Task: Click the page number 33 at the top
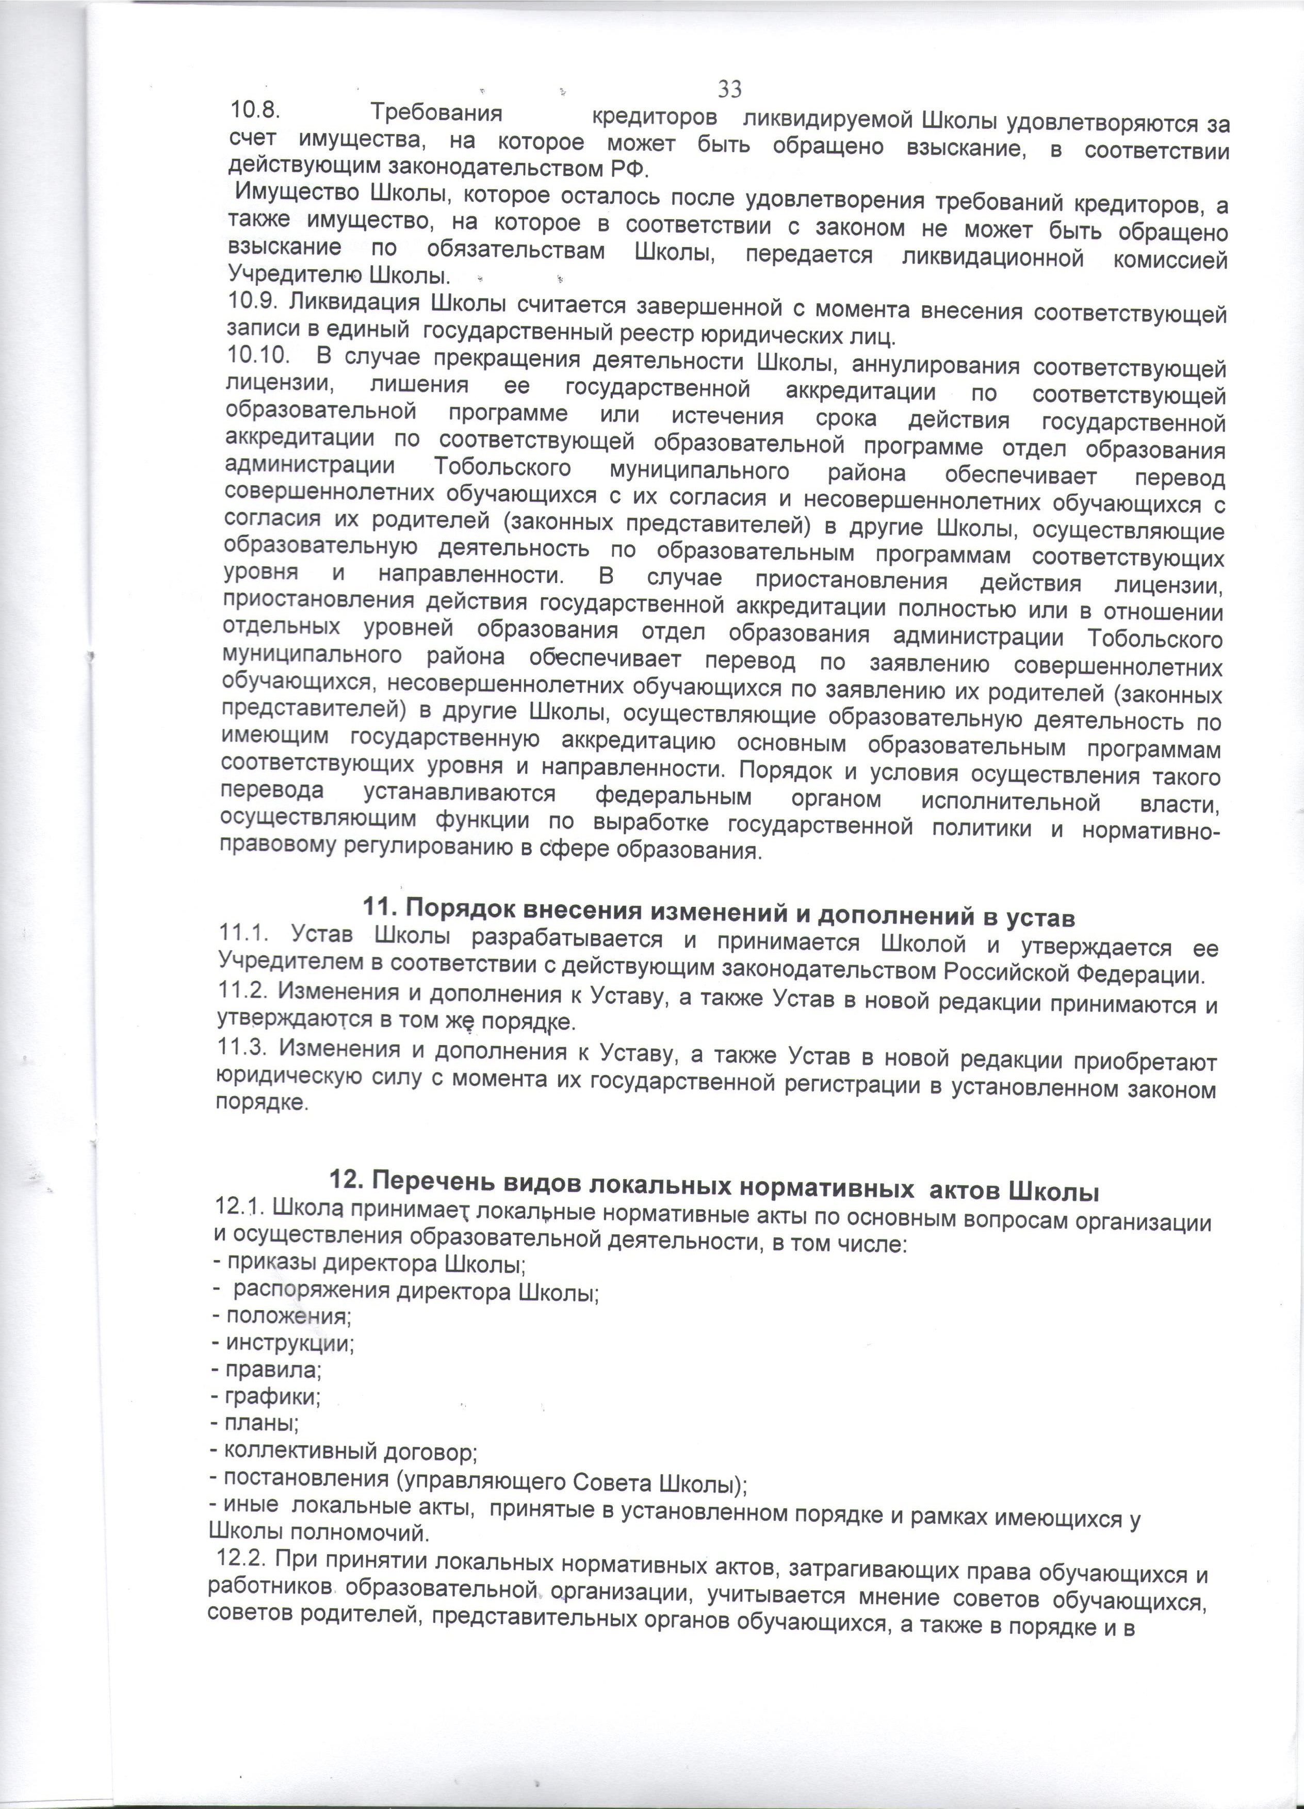click(x=730, y=87)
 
